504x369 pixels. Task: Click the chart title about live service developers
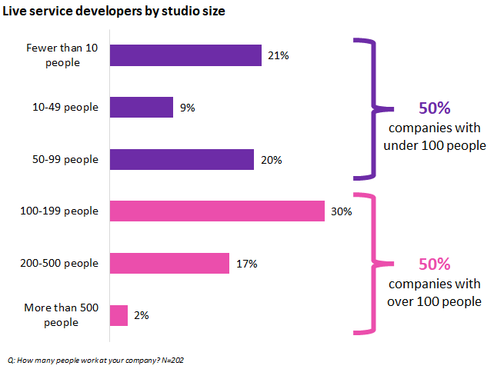[x=115, y=12]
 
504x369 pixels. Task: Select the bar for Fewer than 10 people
[x=185, y=55]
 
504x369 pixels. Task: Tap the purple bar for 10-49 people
[x=142, y=108]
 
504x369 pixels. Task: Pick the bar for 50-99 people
[x=182, y=159]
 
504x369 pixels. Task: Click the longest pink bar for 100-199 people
[x=217, y=211]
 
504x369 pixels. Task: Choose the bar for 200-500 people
[x=169, y=263]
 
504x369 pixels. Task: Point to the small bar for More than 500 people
[x=118, y=315]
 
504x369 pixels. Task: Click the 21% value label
[x=279, y=55]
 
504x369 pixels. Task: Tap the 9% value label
[x=187, y=108]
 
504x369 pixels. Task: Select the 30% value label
[x=342, y=211]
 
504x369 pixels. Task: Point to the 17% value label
[x=246, y=263]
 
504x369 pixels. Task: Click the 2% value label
[x=141, y=315]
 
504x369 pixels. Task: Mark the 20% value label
[x=272, y=160]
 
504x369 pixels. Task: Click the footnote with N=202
[x=96, y=360]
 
